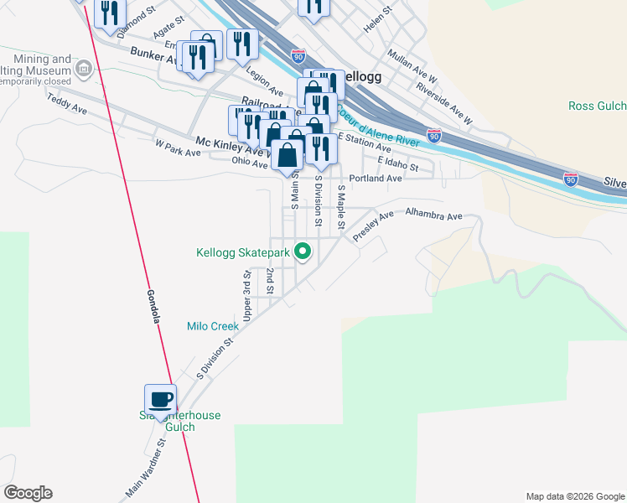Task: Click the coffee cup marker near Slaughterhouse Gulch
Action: pos(161,399)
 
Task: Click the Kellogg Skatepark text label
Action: pos(242,251)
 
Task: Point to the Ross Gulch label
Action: pos(597,106)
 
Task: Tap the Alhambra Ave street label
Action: pos(433,216)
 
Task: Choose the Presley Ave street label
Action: pos(372,226)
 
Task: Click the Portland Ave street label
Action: pos(376,179)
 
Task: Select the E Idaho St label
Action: pos(398,163)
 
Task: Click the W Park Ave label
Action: pos(179,148)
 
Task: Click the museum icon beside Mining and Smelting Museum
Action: pos(83,69)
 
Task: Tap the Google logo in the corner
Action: pos(28,493)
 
